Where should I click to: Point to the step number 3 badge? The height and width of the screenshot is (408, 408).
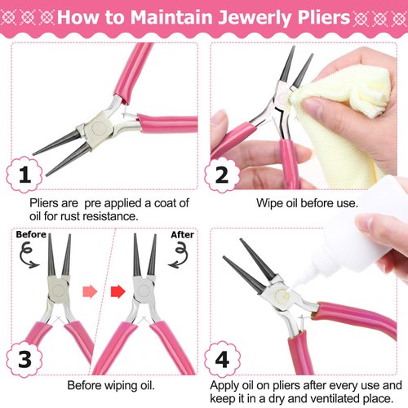tap(25, 359)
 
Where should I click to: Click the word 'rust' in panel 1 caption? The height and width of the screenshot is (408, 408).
tap(86, 216)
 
